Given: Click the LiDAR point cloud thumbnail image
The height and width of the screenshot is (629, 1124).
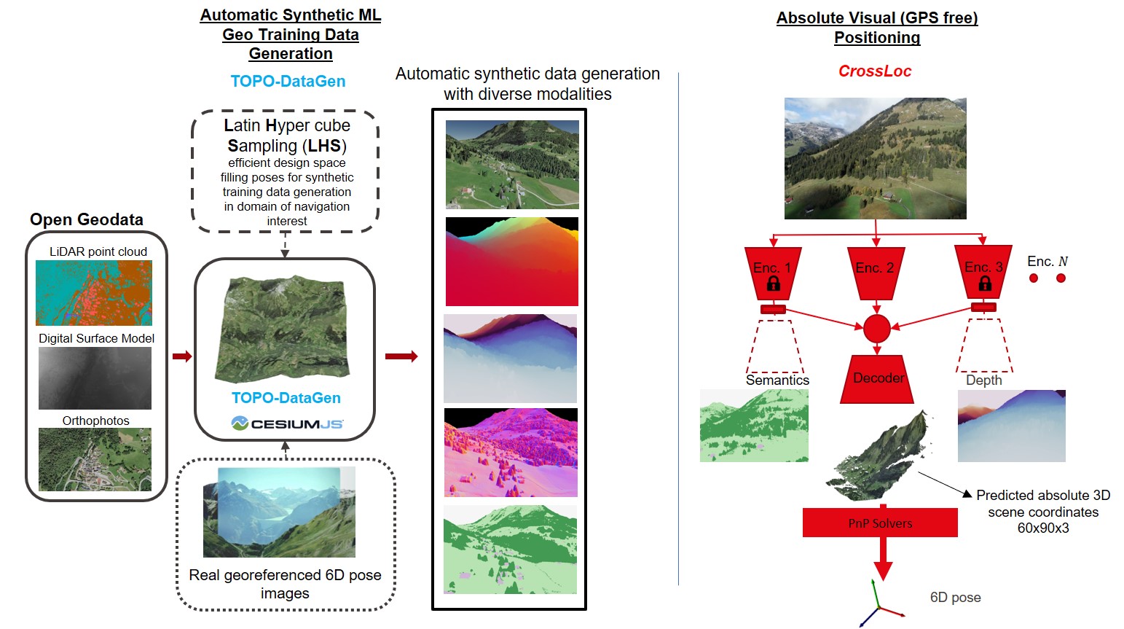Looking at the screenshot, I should coord(94,292).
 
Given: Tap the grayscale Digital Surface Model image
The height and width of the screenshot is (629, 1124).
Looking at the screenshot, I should coord(95,378).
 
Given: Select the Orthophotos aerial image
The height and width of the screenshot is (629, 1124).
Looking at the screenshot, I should coord(95,459).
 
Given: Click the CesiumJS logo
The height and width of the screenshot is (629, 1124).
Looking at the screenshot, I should coord(287,423).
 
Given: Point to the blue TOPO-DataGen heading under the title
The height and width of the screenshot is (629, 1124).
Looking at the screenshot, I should coord(288,81).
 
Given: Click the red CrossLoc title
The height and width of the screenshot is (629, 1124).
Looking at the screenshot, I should coord(874,71).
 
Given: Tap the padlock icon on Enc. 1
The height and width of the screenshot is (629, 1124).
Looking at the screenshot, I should coord(773,283).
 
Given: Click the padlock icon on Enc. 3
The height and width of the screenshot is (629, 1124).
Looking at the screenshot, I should coord(985,283).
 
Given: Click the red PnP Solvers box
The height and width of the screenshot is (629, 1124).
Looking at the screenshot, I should coord(880,523).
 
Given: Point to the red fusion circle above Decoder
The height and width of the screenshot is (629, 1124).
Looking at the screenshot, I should coord(876,329).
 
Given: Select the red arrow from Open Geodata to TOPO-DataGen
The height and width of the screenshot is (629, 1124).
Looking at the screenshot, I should coord(181,356).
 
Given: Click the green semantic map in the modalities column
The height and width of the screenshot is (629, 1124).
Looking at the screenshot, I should coord(510,549).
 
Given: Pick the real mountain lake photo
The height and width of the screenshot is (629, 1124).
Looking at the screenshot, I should coord(279,512).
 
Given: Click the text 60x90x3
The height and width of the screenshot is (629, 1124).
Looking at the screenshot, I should coord(1043,528).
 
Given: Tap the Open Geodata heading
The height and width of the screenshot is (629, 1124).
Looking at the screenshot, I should coord(87,219).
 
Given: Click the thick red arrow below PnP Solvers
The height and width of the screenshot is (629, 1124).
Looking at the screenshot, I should coord(883,559).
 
